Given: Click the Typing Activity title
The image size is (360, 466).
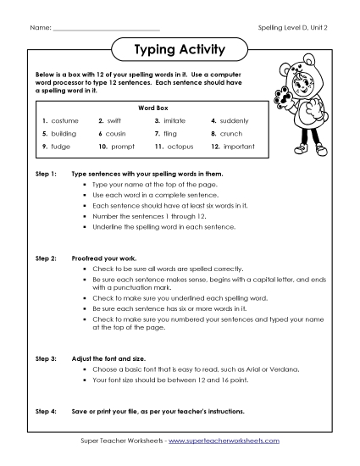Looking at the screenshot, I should tap(180, 49).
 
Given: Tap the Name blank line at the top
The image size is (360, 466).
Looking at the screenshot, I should tap(105, 28).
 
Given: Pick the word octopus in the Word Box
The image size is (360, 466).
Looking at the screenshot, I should tap(184, 147).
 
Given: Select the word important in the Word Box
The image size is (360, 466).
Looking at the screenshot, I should tap(241, 147).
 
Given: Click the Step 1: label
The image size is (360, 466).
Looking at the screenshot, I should tap(45, 174).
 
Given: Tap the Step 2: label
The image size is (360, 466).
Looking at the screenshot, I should tap(45, 254).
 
